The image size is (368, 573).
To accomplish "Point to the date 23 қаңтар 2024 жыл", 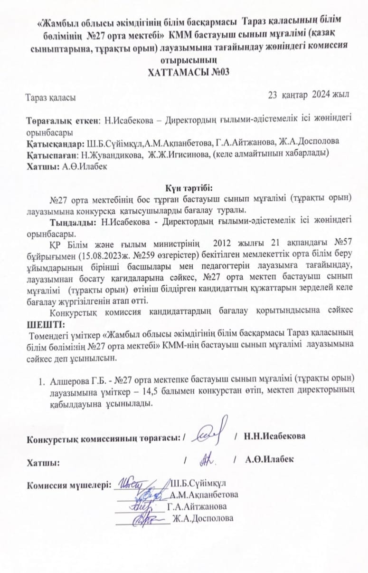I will click(309, 95).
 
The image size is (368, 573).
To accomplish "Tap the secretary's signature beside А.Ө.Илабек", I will click(208, 459).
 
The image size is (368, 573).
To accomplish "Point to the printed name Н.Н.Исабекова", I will click(274, 436).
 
